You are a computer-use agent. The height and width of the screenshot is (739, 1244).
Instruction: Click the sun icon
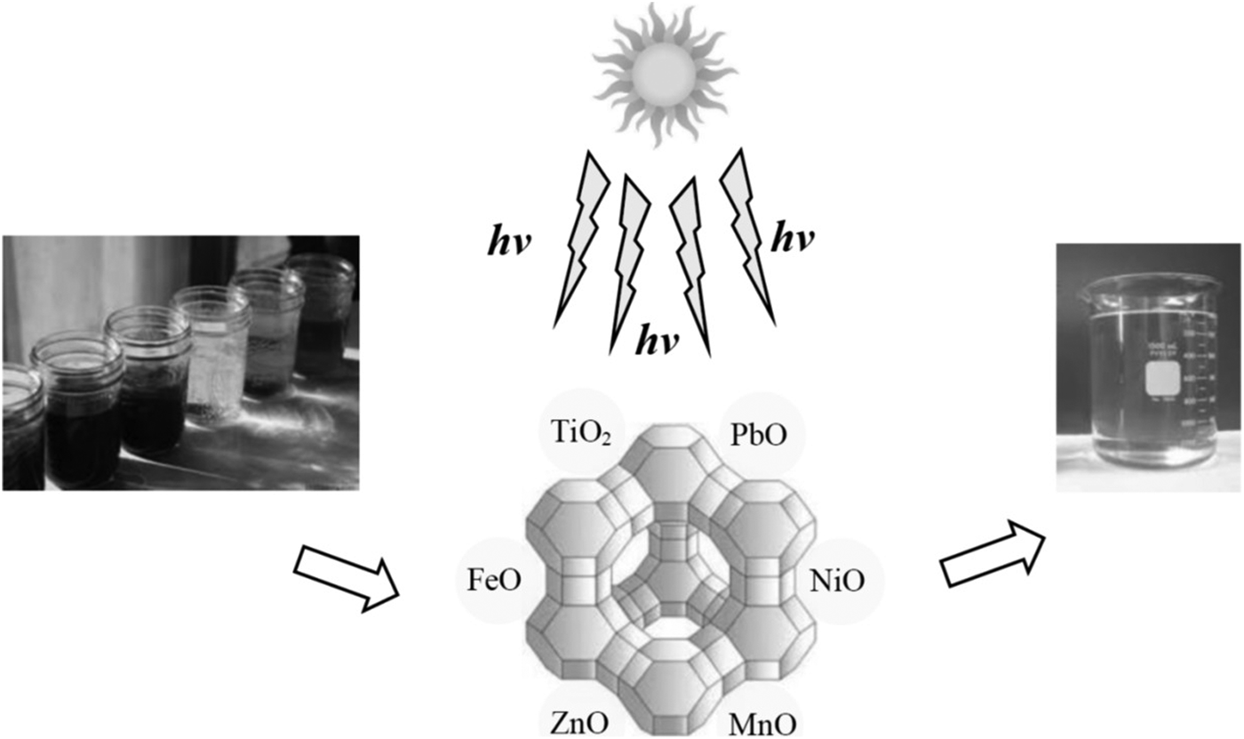[664, 74]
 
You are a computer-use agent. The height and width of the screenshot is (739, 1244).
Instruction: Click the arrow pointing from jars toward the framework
[347, 576]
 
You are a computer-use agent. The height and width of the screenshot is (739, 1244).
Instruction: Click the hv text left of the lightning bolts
[509, 241]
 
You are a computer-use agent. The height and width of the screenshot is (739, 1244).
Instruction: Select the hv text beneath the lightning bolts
[658, 339]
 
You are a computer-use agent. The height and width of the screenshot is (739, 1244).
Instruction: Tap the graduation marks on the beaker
[1200, 374]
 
